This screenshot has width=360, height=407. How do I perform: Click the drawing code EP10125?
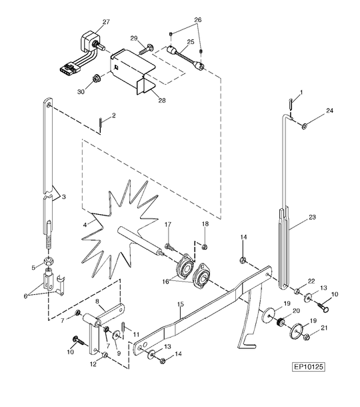[309, 367]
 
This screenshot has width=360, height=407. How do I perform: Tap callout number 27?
[106, 22]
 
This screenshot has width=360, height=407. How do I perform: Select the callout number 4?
[85, 225]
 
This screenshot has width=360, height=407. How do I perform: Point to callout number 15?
[181, 304]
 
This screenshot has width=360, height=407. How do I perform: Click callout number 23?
[312, 217]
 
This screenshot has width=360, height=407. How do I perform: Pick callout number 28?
[162, 100]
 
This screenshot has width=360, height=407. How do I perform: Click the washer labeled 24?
[304, 126]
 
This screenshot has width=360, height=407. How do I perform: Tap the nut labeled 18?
[205, 247]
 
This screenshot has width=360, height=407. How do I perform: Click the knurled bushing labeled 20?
[281, 322]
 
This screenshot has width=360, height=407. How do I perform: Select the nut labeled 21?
[306, 337]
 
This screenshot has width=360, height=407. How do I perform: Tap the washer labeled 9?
[116, 335]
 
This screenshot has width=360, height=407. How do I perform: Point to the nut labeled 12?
[105, 354]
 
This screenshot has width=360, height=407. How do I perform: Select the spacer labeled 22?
[297, 291]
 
